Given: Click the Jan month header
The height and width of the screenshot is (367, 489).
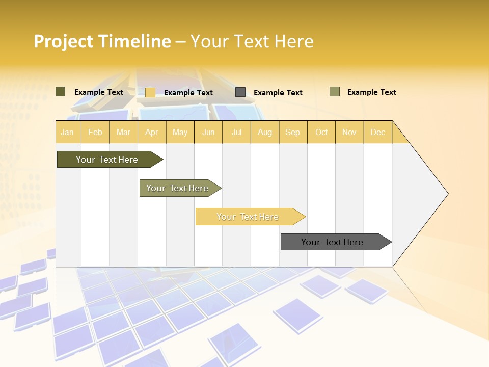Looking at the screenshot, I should coord(67,132).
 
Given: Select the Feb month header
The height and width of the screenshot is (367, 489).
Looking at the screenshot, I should coord(95,132).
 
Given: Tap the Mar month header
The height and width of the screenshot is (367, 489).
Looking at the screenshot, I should coord(123,132).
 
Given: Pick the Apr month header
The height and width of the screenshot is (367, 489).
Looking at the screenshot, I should coord(151,132).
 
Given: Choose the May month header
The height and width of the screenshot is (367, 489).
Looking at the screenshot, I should coord(180,132).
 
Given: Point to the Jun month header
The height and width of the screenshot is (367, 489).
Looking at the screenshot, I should coord(208,132).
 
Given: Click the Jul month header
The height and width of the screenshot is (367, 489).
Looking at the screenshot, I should coord(236,132).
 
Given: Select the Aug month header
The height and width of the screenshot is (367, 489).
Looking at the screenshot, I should coord(264,132).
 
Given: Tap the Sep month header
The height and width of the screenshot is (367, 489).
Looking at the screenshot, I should coord(292,132).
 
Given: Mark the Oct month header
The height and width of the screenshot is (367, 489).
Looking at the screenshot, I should coord(321,132).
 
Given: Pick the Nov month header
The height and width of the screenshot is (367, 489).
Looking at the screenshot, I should coord(349,132).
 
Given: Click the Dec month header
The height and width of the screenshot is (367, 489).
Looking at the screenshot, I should coord(377,132).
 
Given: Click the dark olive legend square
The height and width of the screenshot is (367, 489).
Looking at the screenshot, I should coord(61,92).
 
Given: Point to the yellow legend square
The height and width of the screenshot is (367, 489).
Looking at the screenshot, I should coord(150,92).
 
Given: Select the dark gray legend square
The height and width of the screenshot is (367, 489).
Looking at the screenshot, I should coord(240,92).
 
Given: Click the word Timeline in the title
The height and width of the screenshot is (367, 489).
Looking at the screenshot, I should coord(135,41).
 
